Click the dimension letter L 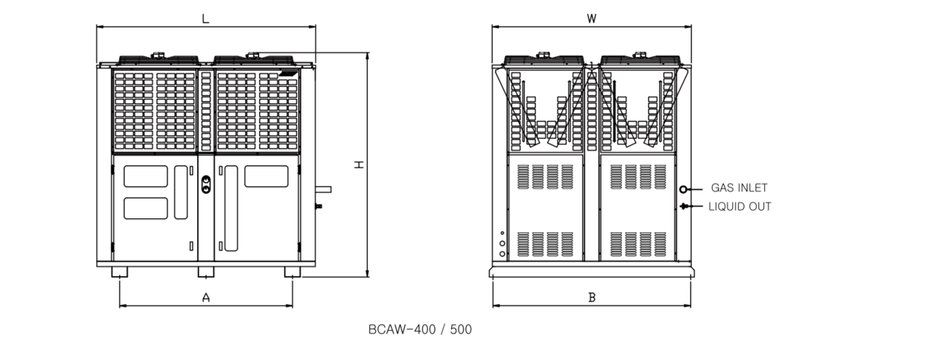tap(205, 19)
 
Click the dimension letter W tap(591, 19)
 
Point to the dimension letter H tap(359, 164)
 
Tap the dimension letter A tap(206, 297)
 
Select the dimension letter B tap(592, 297)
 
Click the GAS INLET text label tap(739, 188)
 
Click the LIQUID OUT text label tap(740, 207)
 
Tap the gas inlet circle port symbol tap(682, 190)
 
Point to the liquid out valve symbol tap(683, 206)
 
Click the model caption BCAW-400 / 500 tap(420, 329)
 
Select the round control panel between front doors tap(206, 185)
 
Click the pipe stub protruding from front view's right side tap(323, 190)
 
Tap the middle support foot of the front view tap(206, 272)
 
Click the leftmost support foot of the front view tap(120, 272)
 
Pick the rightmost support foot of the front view tap(293, 272)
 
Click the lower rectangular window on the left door tap(146, 209)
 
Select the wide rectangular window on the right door tap(266, 176)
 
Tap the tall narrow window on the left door tap(181, 193)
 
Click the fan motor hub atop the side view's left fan tap(543, 55)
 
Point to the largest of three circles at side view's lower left tap(502, 253)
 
